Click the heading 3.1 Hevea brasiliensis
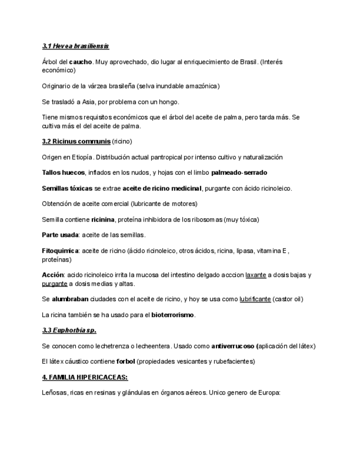75,46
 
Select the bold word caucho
81,62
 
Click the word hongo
169,102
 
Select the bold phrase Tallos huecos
63,173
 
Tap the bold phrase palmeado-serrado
239,173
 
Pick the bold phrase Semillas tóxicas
67,188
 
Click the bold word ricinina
103,220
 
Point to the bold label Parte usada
60,235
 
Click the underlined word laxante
256,275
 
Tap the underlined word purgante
54,284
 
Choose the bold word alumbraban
70,299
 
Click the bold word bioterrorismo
173,315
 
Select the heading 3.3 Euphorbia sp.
69,330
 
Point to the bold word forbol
125,362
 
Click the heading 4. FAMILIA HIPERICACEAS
85,378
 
